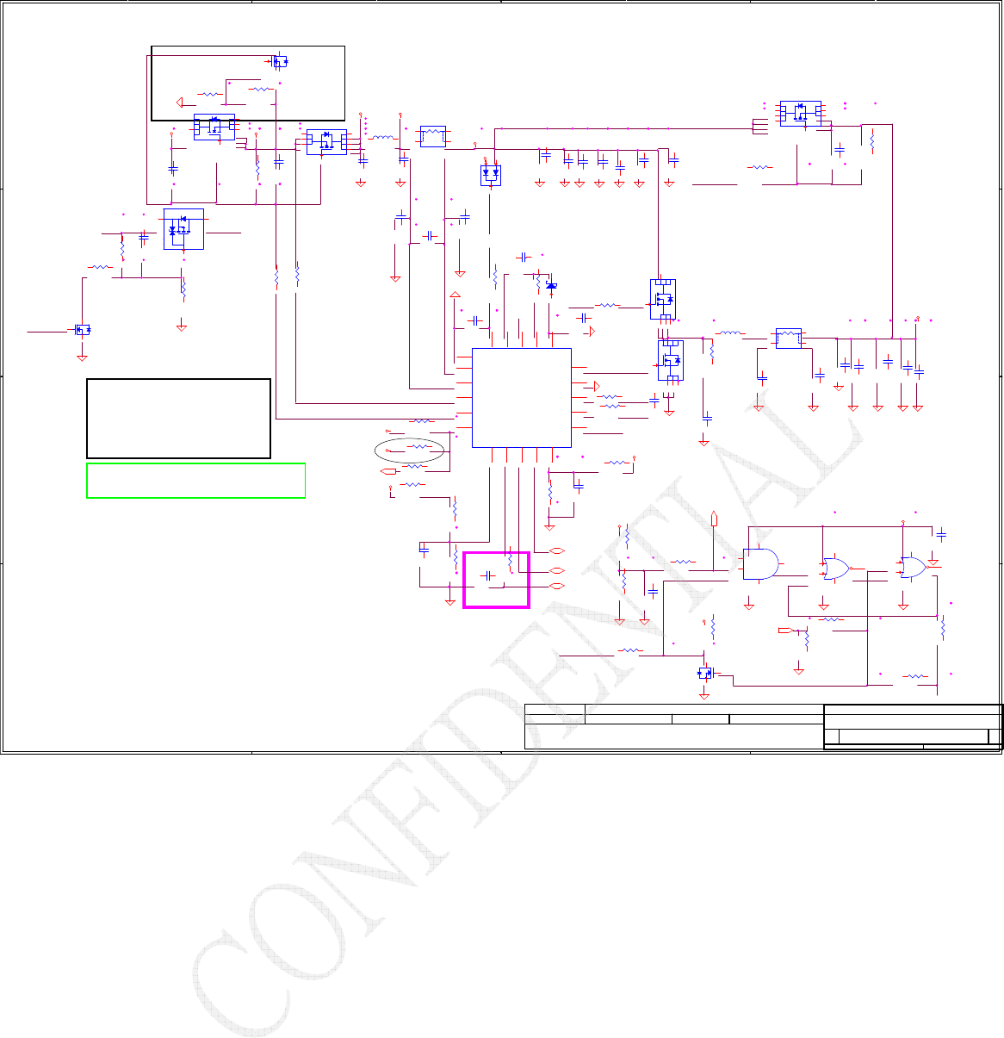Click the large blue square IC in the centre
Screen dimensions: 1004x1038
coord(522,397)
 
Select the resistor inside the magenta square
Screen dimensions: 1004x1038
coord(511,562)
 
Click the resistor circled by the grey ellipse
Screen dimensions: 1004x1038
coord(418,448)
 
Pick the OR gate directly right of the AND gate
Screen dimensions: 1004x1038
coord(835,568)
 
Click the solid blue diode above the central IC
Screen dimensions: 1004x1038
coord(551,285)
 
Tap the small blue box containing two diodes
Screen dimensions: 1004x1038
coord(490,174)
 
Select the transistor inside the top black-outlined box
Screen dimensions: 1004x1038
coord(280,61)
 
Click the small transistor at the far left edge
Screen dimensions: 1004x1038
coord(83,330)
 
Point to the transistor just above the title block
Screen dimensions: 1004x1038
coord(705,672)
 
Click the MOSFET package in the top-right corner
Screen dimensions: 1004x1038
coord(800,113)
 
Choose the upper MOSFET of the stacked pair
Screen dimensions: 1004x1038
coord(663,299)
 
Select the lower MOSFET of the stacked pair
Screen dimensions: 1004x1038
coord(671,360)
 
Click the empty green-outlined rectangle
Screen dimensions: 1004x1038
coord(196,481)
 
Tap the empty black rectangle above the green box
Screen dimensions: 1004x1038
coord(178,418)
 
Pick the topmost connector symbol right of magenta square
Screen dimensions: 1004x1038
coord(556,550)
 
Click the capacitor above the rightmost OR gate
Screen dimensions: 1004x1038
coord(941,535)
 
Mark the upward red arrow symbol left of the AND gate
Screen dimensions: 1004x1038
coord(716,518)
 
